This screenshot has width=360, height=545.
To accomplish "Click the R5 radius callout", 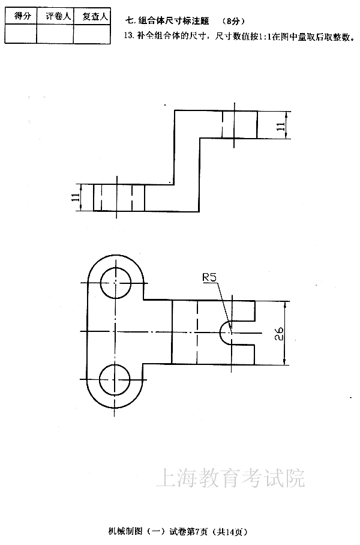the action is pyautogui.click(x=209, y=277).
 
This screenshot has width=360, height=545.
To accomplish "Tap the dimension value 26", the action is pyautogui.click(x=279, y=333).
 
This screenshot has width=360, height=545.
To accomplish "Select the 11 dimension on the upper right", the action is pyautogui.click(x=281, y=126).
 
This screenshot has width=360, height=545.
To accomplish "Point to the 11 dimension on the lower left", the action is pyautogui.click(x=75, y=197).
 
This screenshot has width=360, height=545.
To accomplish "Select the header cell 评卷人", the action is pyautogui.click(x=58, y=16).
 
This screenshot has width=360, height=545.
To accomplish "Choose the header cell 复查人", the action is pyautogui.click(x=95, y=16).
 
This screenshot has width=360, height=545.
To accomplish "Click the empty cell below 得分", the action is pyautogui.click(x=21, y=34).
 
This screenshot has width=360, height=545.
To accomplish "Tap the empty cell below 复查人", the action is pyautogui.click(x=92, y=34).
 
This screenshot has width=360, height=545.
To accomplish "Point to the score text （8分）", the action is pyautogui.click(x=234, y=21).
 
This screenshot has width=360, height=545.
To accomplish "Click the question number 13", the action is pyautogui.click(x=128, y=36).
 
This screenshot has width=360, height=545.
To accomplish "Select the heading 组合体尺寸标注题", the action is pyautogui.click(x=173, y=21).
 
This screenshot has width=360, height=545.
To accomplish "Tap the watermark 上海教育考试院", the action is pyautogui.click(x=230, y=478).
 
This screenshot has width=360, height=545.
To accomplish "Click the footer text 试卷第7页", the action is pyautogui.click(x=188, y=531).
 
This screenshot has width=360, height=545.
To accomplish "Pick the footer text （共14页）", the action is pyautogui.click(x=231, y=532).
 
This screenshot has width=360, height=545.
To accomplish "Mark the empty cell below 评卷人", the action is pyautogui.click(x=55, y=34).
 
